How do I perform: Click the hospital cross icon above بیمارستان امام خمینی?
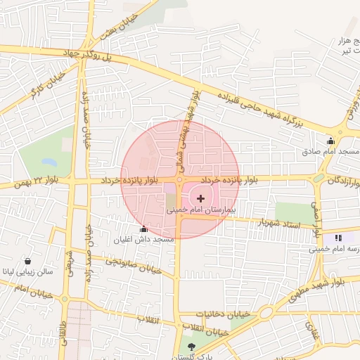tap(202, 199)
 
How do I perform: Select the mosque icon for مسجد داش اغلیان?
tap(144, 229)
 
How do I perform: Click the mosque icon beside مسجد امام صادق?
tap(330, 141)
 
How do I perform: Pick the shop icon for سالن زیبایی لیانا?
tap(27, 260)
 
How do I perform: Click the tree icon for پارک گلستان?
tap(193, 347)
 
